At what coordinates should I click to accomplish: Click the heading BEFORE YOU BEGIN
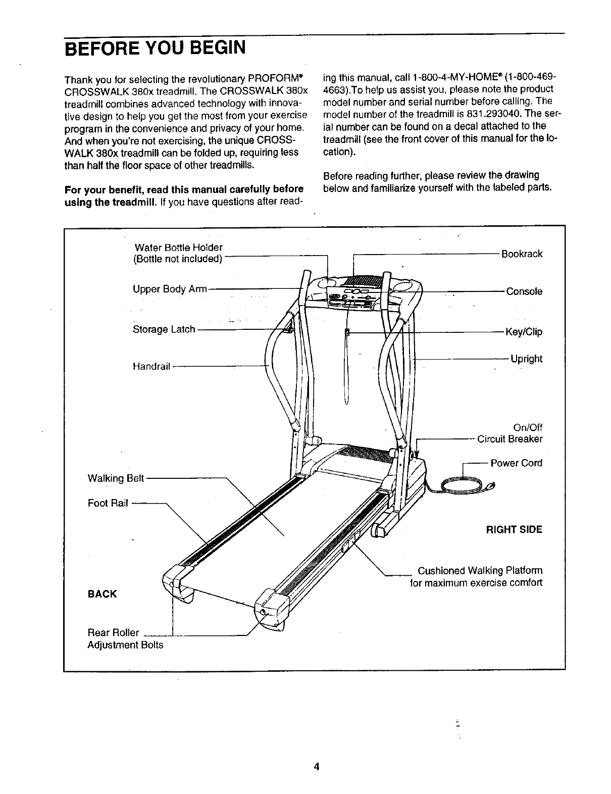tap(155, 49)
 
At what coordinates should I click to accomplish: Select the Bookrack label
tap(522, 254)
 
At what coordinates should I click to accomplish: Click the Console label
tap(524, 291)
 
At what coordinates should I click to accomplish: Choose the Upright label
tap(526, 359)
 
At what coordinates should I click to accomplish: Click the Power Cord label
tap(516, 463)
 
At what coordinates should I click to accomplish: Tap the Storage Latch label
tap(164, 329)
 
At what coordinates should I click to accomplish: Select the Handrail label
tap(151, 366)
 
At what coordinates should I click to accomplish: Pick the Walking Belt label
tap(116, 478)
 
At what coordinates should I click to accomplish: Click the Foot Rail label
tap(108, 503)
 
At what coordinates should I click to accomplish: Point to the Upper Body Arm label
tap(170, 289)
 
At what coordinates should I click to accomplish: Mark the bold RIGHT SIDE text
tap(514, 530)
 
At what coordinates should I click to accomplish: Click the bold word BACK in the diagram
tap(102, 594)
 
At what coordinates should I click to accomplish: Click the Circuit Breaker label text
tap(510, 439)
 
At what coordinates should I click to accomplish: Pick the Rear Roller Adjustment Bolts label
tap(125, 639)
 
